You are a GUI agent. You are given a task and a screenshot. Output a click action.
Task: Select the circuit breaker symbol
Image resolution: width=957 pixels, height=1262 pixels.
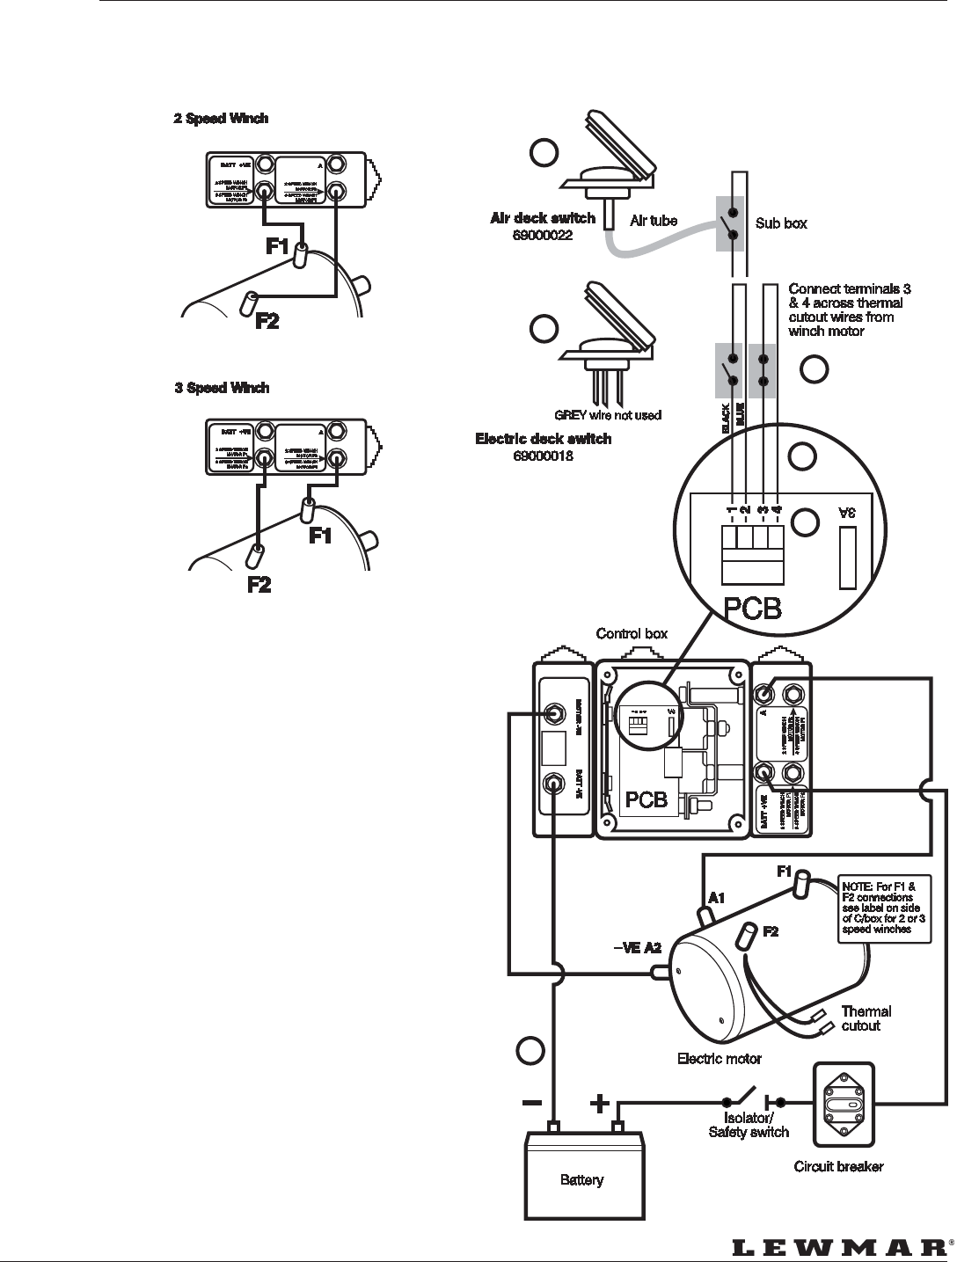click(844, 1104)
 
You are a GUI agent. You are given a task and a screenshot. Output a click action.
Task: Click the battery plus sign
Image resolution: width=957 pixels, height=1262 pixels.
click(599, 1103)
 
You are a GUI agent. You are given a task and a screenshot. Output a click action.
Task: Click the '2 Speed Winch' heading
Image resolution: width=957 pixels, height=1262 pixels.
click(221, 119)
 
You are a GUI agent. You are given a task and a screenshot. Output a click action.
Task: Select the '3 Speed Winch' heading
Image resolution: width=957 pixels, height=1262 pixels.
click(222, 388)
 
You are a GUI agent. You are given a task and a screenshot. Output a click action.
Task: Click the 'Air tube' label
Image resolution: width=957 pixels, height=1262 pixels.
click(654, 221)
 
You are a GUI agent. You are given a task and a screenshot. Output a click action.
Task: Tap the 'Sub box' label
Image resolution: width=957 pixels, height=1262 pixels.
click(781, 223)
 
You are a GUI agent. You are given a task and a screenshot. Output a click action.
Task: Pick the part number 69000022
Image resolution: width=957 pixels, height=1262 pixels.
click(543, 235)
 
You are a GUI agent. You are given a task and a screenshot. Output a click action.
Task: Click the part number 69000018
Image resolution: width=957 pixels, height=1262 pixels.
click(543, 455)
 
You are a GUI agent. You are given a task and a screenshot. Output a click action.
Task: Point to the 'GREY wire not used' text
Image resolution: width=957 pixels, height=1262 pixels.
click(607, 414)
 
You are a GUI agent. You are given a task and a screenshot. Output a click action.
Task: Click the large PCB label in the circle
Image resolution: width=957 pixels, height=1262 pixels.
click(752, 609)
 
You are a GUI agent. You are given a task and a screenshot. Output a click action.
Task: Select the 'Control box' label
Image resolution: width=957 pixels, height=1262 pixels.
click(632, 633)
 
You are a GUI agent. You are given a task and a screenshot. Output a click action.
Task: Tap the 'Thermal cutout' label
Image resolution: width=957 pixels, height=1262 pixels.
click(866, 1018)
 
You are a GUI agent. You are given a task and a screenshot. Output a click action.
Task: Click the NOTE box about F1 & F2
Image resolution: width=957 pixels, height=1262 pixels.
click(883, 910)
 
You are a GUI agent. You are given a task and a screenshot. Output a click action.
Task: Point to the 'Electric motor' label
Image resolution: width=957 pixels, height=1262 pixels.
click(719, 1058)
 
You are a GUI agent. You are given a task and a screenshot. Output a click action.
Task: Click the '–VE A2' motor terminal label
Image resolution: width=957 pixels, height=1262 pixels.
click(637, 947)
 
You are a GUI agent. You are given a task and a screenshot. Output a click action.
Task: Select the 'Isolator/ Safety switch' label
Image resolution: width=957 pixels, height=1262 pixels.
click(749, 1125)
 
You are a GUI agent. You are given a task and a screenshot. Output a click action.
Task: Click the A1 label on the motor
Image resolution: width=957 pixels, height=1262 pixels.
click(717, 898)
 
